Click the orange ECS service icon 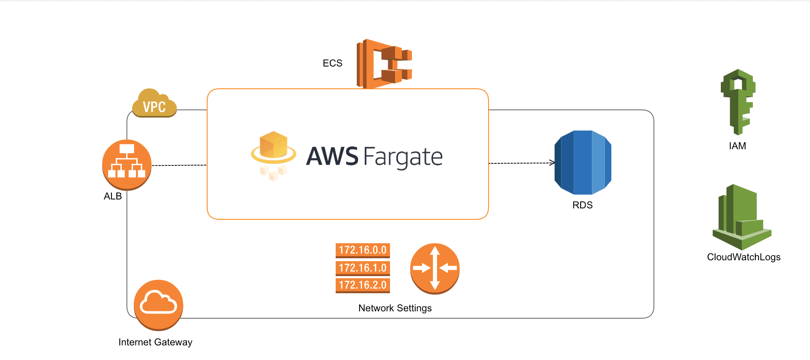coord(384,64)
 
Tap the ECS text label coord(332,63)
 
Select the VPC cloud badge coord(154,104)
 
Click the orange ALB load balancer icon coord(127,165)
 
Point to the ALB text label coord(113,196)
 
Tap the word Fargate coord(403,157)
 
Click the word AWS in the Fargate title coord(332,156)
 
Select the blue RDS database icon coord(583,163)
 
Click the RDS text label coord(582,205)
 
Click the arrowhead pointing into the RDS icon coord(552,163)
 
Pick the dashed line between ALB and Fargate coord(179,165)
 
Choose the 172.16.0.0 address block coord(362,250)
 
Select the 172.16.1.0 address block coord(362,268)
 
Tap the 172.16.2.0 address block coord(362,285)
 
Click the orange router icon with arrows coord(435,268)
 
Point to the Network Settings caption coord(395,308)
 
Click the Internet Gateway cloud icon coord(159,304)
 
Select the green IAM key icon coord(738,101)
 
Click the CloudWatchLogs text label coord(744,257)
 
